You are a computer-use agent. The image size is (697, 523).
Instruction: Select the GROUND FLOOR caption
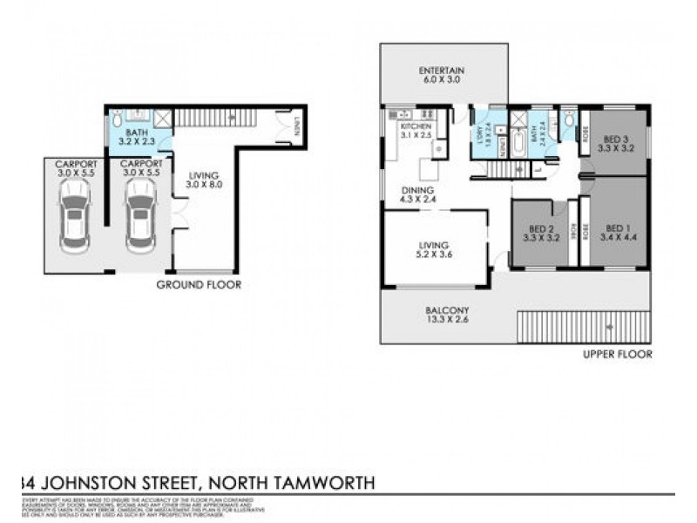coord(199,284)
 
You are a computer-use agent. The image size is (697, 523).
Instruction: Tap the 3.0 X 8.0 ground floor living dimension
coord(200,185)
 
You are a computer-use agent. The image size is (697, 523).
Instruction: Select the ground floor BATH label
coord(138,132)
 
